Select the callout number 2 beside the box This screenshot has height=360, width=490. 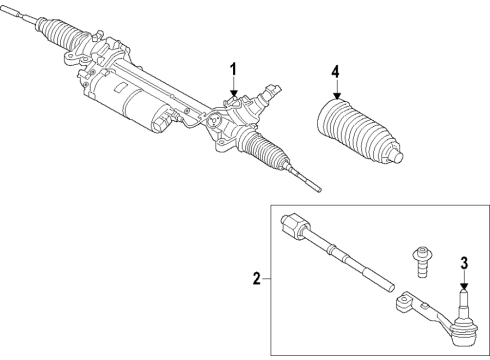(x=257, y=279)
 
